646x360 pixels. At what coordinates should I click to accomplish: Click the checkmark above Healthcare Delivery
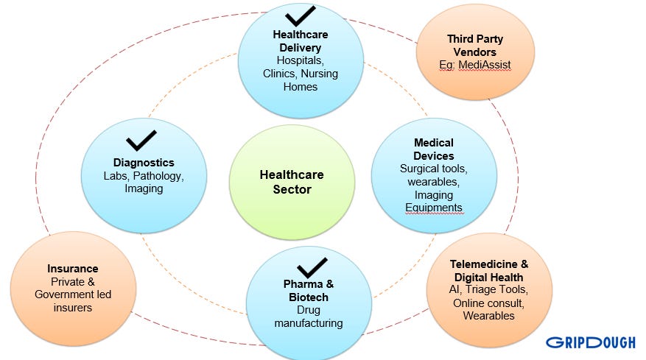(x=300, y=16)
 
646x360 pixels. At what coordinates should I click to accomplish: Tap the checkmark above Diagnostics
(x=141, y=140)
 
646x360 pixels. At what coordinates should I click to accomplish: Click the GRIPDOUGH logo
(x=591, y=342)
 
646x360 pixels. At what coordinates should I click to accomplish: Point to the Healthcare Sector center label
(x=291, y=182)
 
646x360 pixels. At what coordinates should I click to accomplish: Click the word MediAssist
(x=484, y=65)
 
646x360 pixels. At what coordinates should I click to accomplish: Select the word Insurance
(x=72, y=269)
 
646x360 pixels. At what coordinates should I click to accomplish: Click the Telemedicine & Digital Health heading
(x=489, y=270)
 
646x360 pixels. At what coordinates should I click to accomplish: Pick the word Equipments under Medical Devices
(x=433, y=208)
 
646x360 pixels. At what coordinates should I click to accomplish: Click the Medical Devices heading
(x=433, y=149)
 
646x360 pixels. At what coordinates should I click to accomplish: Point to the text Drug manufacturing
(x=309, y=317)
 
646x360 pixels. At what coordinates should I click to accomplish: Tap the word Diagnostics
(x=144, y=162)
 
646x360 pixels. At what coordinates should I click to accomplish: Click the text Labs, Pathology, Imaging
(x=144, y=182)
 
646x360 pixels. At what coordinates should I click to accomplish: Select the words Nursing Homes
(x=300, y=80)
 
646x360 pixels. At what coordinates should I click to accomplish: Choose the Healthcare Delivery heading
(x=300, y=41)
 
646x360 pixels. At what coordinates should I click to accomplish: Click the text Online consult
(x=488, y=303)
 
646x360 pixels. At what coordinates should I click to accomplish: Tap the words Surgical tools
(x=433, y=169)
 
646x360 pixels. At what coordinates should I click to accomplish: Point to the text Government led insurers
(x=72, y=301)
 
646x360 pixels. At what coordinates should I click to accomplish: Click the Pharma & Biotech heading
(x=309, y=290)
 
